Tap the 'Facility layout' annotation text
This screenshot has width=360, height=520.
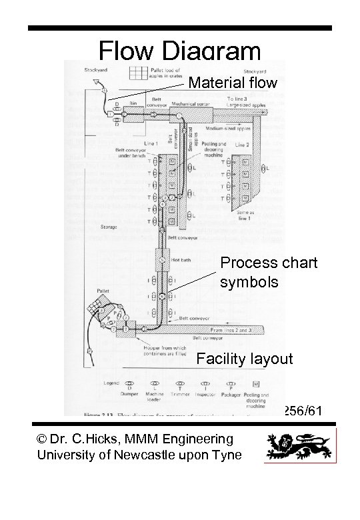point(245,359)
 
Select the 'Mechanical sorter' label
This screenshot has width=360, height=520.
point(188,104)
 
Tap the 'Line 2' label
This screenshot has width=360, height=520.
point(241,144)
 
